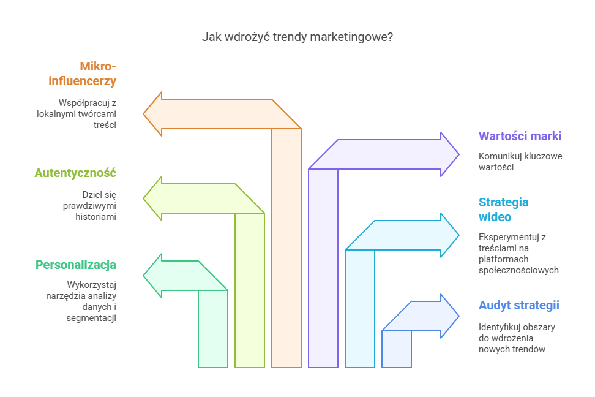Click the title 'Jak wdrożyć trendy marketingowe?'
click(297, 37)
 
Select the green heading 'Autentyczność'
click(75, 173)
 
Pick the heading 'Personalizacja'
click(76, 265)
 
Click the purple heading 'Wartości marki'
click(520, 136)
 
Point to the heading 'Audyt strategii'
click(519, 305)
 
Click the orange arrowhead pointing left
click(154, 113)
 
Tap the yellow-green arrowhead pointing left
click(154, 198)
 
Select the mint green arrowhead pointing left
click(154, 276)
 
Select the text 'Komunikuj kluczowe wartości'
click(520, 161)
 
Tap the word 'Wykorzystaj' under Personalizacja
click(92, 285)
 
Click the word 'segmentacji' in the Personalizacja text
click(92, 318)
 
